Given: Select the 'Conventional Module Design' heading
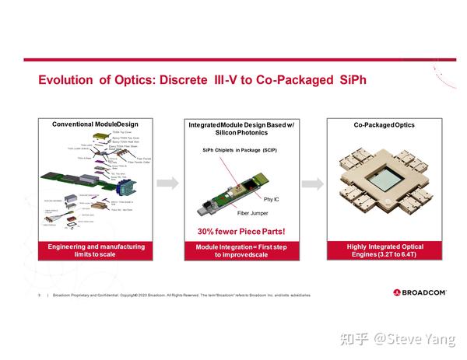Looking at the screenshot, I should point(94,124).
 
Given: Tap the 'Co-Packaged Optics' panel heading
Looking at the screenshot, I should point(384,124).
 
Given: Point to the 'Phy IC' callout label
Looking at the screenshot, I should point(261,200).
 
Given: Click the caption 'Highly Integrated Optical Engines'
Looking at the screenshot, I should point(384,251).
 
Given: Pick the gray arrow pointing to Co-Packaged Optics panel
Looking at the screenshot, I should point(311,183).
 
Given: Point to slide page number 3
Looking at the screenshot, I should point(39,295).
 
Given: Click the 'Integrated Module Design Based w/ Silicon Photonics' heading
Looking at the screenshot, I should point(237,129).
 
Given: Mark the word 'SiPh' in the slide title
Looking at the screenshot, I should point(348,80).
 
